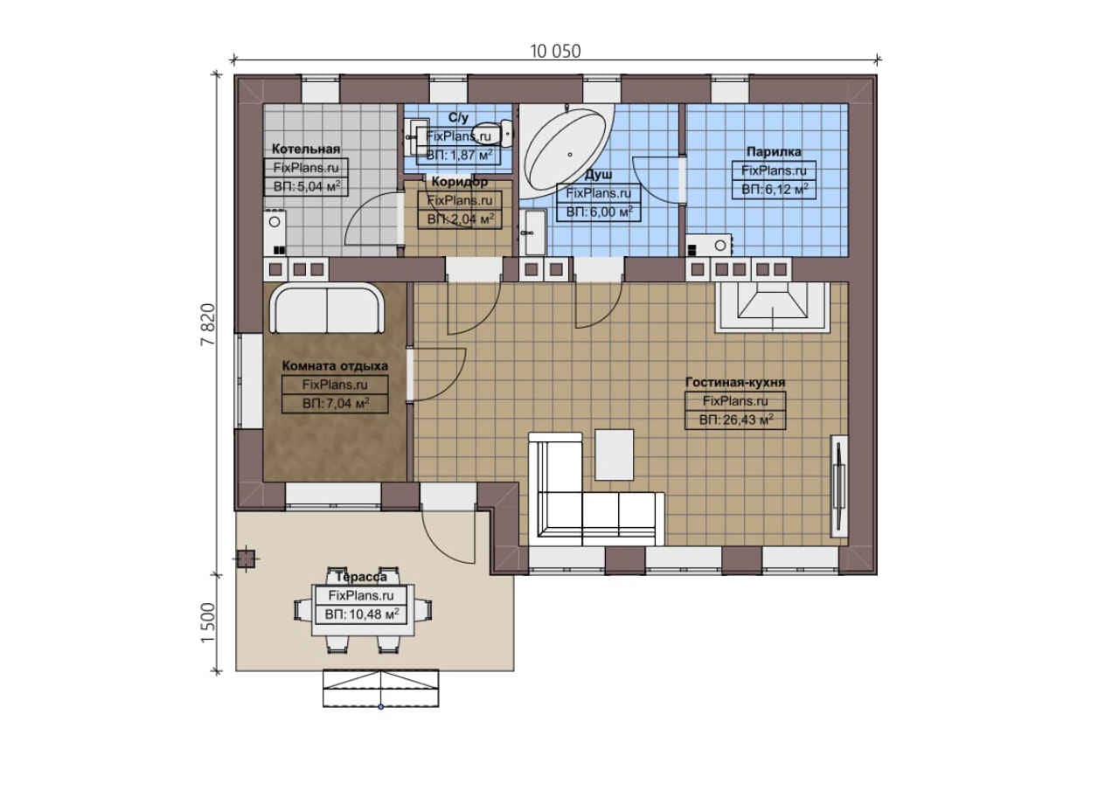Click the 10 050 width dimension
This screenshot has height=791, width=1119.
pos(555,52)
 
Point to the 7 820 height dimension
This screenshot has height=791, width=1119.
pos(208,324)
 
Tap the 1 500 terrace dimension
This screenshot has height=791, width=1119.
pos(208,622)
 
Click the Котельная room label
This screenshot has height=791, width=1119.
pos(306,149)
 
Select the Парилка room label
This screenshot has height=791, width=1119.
pos(774,151)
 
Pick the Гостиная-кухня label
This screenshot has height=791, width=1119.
pos(735,382)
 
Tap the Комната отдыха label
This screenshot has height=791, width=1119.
pos(335,366)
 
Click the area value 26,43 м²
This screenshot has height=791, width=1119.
pos(735,420)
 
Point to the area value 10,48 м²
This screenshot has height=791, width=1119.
pos(361,614)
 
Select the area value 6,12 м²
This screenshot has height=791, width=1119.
pos(774,190)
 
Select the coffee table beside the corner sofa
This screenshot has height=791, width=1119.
pos(615,454)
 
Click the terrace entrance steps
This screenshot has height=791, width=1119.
pos(380,689)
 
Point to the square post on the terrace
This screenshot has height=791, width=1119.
pos(246,559)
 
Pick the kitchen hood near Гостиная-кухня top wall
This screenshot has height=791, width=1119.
pos(773,306)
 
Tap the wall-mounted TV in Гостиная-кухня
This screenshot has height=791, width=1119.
pos(839,486)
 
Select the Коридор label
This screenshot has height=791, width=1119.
pos(460,182)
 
